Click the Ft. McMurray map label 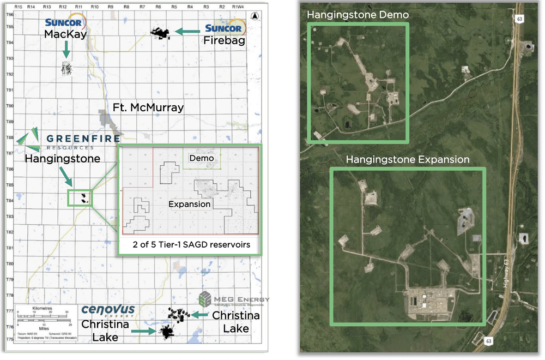(148, 108)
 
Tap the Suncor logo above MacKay (64, 23)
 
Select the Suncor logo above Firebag (223, 28)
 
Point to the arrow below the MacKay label (65, 50)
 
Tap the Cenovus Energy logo (107, 310)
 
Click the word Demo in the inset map (201, 158)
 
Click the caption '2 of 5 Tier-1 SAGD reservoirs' (190, 245)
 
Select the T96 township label (10, 14)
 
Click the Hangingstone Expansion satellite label (408, 160)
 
